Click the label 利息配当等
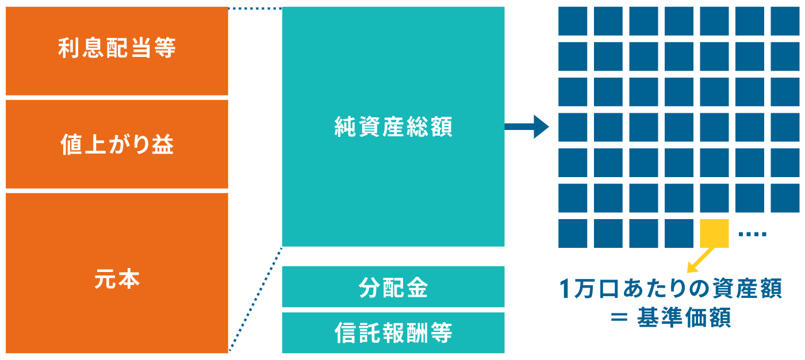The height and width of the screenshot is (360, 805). tap(117, 49)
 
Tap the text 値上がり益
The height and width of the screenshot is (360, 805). tap(117, 144)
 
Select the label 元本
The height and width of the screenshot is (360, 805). tap(117, 280)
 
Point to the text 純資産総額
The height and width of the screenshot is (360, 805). tap(393, 127)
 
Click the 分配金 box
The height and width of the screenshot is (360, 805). tap(393, 287)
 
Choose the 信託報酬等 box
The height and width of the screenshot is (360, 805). tap(393, 333)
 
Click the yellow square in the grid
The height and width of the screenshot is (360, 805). tap(715, 233)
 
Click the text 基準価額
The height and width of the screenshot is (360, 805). tap(684, 318)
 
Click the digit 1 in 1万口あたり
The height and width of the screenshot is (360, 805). tap(565, 289)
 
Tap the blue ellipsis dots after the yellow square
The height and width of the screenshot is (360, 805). tap(752, 234)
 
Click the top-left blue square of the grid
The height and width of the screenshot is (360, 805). tap(573, 21)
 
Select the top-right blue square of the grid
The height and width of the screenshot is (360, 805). tap(785, 21)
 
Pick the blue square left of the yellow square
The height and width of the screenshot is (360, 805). tap(679, 233)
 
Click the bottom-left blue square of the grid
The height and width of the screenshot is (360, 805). tap(573, 233)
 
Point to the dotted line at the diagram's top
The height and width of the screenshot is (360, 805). tap(255, 8)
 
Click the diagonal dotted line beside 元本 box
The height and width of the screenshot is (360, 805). tap(255, 299)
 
